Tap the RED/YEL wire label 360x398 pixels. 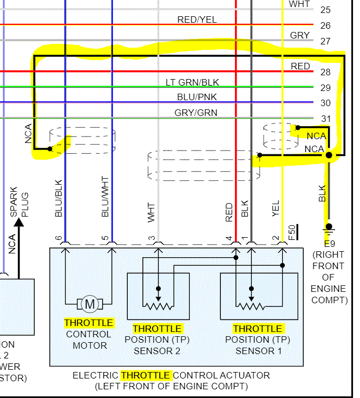[x=197, y=20]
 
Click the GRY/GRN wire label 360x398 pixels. [x=196, y=113]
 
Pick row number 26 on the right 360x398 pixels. [x=325, y=25]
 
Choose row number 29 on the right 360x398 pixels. [x=325, y=88]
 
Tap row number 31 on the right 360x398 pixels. [x=325, y=119]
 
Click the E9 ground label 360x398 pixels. [x=329, y=243]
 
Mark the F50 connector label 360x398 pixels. [x=293, y=232]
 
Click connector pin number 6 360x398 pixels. [x=58, y=238]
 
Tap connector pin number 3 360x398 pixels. [x=152, y=238]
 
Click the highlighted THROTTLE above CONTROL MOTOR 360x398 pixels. [x=89, y=323]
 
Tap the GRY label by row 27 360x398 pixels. [x=300, y=35]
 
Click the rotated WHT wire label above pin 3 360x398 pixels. [x=152, y=212]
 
